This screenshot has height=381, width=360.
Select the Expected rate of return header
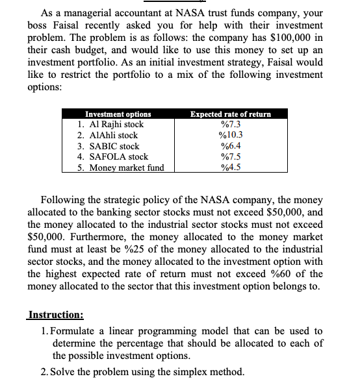231,114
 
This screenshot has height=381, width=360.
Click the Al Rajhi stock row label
110,125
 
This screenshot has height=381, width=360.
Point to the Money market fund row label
121,167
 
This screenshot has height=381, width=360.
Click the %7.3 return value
231,125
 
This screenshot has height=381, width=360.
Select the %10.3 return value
231,135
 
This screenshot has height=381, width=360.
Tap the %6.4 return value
231,146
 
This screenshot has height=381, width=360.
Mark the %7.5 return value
231,156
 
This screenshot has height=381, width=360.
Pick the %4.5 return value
231,167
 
